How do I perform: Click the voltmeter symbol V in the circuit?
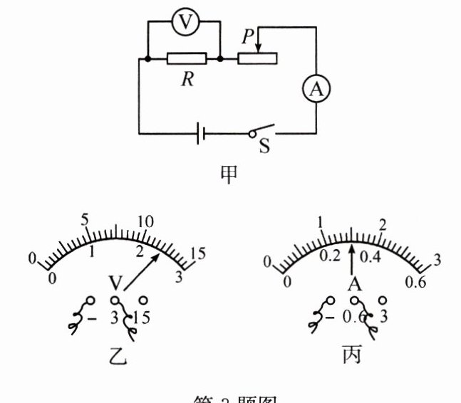point(185,23)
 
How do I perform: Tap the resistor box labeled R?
point(187,58)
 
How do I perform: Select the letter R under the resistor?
point(187,79)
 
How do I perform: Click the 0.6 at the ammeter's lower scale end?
point(415,283)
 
